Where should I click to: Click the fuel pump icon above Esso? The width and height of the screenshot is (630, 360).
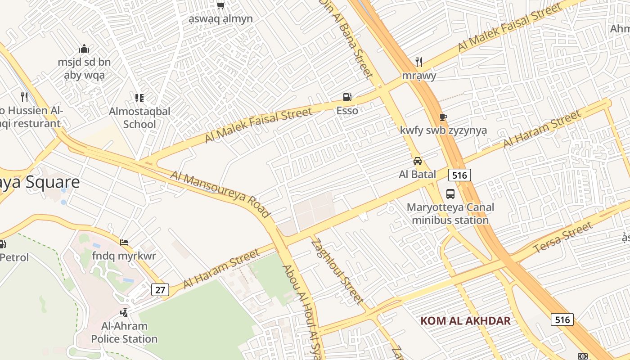[x=347, y=97]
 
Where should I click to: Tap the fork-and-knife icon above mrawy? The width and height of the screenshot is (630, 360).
[x=419, y=62]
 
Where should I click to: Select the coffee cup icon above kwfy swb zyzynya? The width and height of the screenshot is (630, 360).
[x=443, y=117]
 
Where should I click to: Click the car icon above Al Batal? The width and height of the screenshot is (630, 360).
[x=418, y=161]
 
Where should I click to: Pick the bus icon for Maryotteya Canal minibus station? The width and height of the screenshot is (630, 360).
[x=450, y=194]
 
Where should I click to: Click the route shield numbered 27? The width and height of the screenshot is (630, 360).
[x=160, y=290]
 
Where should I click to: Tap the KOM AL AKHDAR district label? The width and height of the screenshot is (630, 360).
[x=465, y=321]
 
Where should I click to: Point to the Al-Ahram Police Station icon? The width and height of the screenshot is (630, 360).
[x=124, y=312]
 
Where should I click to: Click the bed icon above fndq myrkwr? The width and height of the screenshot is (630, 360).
[x=124, y=243]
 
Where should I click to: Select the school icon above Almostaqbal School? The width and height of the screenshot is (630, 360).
[x=139, y=98]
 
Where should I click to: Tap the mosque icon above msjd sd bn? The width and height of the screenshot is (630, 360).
[x=84, y=49]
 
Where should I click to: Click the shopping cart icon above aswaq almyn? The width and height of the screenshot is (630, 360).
[x=220, y=5]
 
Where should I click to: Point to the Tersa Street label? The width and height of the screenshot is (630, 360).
[x=562, y=238]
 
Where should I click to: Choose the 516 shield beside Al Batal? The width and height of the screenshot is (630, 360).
[x=459, y=175]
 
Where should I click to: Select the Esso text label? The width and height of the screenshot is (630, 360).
[x=347, y=111]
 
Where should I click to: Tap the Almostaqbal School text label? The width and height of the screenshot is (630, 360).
[x=139, y=117]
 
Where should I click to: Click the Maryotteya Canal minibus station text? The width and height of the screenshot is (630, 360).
[x=450, y=214]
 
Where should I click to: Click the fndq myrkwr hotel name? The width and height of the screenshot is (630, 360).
[x=124, y=256]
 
